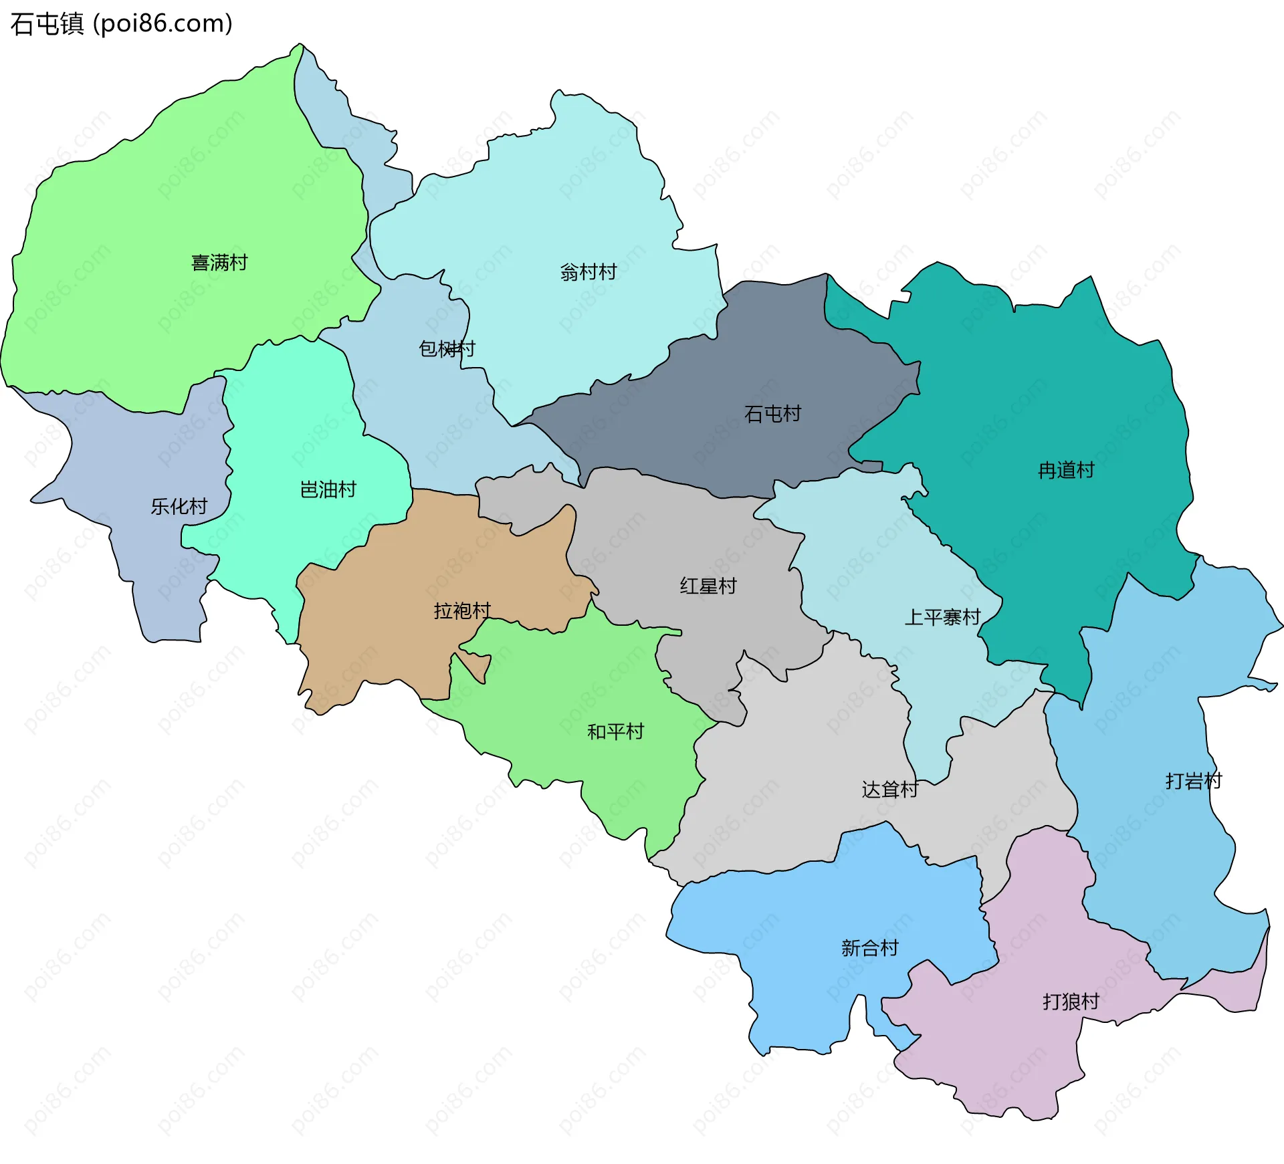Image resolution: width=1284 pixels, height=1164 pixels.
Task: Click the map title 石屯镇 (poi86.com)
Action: point(121,23)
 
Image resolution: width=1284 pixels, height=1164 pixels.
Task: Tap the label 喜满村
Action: point(219,263)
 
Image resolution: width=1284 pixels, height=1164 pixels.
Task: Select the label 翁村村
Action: point(588,272)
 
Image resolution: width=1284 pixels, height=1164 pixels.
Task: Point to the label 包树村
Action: point(446,348)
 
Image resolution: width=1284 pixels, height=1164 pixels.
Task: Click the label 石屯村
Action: point(772,414)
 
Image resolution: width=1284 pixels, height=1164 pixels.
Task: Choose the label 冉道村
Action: point(1066,470)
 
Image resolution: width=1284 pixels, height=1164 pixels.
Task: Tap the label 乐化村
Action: point(179,506)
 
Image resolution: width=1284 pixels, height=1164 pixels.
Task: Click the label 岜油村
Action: point(328,489)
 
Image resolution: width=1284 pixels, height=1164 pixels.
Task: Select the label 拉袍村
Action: point(462,610)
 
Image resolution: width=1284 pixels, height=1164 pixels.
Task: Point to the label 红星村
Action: point(708,586)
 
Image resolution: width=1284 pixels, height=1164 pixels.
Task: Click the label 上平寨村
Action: point(942,616)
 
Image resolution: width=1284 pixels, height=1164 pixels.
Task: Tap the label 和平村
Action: point(615,731)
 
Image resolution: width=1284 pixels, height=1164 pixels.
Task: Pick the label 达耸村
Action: point(889,790)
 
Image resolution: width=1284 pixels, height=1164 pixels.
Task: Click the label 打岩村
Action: point(1194,780)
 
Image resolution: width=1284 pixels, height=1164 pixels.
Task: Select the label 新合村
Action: point(869,947)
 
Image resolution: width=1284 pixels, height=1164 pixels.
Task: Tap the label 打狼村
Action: point(1071,1001)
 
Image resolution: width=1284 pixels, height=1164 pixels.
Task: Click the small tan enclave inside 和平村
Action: point(476,664)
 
